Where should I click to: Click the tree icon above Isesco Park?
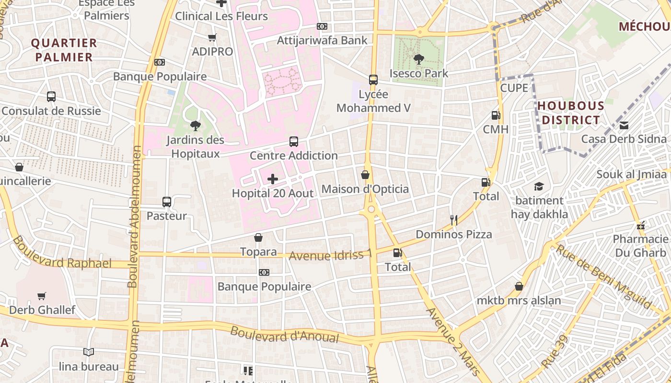pos(418,59)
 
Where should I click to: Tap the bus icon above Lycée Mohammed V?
pos(373,80)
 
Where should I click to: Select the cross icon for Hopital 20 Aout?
pos(273,180)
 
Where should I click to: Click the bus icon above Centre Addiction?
pos(294,142)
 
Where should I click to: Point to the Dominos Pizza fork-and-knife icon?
pos(454,220)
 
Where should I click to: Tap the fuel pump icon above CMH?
pos(496,115)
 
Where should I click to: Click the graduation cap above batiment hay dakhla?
pos(539,186)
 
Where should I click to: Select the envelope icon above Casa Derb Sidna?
pos(624,125)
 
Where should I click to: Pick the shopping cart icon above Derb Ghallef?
pos(42,296)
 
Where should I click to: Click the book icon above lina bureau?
pos(89,352)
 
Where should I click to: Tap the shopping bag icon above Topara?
pos(258,237)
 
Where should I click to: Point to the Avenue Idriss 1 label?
pos(330,255)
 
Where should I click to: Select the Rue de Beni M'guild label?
pos(603,277)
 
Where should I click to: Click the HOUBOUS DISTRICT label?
pos(570,113)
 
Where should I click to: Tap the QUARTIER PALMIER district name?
pos(64,50)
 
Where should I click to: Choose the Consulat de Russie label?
pos(51,111)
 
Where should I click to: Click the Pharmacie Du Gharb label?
pos(640,246)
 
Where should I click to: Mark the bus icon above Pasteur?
pos(167,202)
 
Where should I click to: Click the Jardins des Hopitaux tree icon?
pos(195,126)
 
